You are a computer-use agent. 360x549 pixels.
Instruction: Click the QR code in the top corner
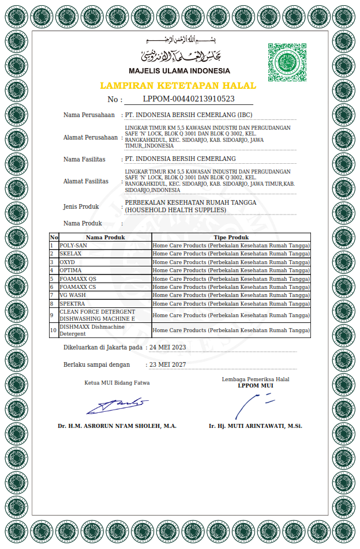point(287,62)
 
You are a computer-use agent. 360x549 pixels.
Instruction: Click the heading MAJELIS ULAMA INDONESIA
point(179,71)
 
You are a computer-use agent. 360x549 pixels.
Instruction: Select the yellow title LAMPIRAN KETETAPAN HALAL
point(178,85)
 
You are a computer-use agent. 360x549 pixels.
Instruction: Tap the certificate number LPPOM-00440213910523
point(189,99)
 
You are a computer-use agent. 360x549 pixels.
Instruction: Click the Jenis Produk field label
point(81,206)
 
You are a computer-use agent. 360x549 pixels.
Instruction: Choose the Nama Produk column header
point(106,237)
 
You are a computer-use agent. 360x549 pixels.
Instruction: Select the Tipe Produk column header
point(231,237)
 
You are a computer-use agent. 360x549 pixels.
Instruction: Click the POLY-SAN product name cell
point(73,246)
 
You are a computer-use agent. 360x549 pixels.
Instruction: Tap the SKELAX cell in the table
point(71,254)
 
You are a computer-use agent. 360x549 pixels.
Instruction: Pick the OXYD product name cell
point(67,262)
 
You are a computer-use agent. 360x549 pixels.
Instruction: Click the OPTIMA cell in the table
point(70,270)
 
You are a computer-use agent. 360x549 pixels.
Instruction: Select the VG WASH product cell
point(73,295)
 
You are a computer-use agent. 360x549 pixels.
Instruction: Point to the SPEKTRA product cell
point(72,303)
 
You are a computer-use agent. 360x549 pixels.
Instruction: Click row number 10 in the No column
point(54,330)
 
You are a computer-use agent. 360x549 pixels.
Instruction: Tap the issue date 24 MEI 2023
point(168,347)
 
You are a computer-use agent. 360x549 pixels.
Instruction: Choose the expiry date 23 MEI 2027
point(168,364)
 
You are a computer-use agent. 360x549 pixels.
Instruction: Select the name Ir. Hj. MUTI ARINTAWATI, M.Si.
point(256,426)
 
